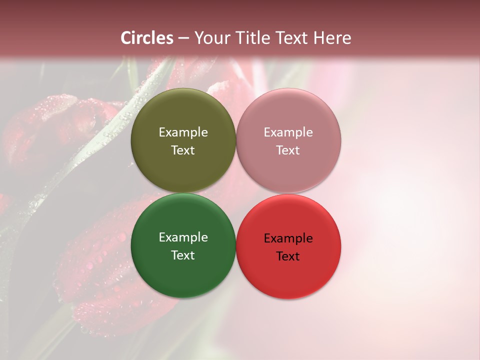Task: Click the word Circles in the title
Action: click(147, 38)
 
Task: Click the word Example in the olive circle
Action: click(183, 132)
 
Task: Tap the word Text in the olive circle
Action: click(183, 150)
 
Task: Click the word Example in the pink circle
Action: click(288, 132)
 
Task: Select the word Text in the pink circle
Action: click(288, 150)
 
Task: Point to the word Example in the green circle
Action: click(183, 237)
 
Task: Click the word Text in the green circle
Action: click(183, 255)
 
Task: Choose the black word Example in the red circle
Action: click(288, 238)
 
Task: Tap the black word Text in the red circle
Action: click(288, 256)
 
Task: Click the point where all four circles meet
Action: click(236, 193)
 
